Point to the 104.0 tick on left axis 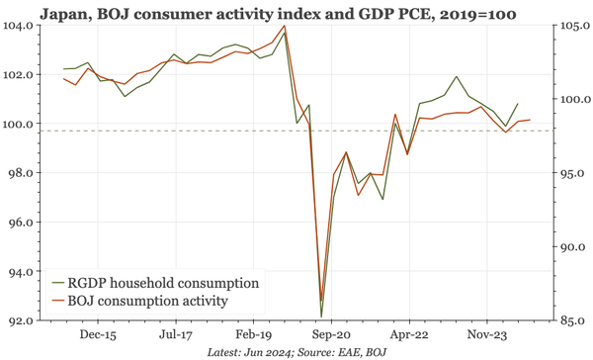click(x=18, y=26)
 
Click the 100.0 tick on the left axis click(x=18, y=124)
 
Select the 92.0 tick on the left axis click(x=18, y=320)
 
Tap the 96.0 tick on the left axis click(x=18, y=223)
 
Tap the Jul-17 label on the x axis click(x=176, y=335)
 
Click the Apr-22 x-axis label click(x=408, y=335)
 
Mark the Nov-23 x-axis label click(x=485, y=335)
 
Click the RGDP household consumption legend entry click(x=162, y=283)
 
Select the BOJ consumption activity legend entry click(x=152, y=301)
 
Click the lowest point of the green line click(x=322, y=315)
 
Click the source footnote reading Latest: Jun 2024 click(x=296, y=352)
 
